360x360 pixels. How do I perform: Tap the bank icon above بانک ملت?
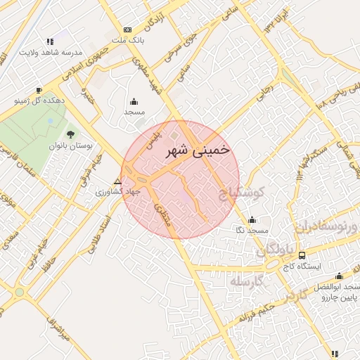(x=127, y=30)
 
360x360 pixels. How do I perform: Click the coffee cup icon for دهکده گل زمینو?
(x=39, y=90)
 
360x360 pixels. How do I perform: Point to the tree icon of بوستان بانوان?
(x=70, y=134)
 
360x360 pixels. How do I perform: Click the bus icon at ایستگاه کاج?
(x=302, y=255)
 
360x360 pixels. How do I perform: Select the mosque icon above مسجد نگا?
(x=252, y=219)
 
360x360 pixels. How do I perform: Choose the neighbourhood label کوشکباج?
(x=241, y=192)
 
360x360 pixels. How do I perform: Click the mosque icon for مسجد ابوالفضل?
(x=340, y=276)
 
